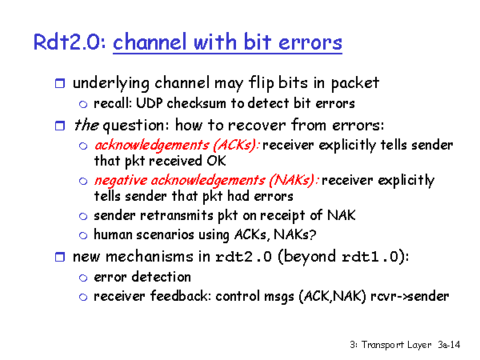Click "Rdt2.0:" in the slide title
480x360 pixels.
point(70,42)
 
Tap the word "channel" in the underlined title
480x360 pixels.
point(150,42)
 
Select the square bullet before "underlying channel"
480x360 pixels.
point(60,83)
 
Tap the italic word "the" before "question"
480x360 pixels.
point(86,125)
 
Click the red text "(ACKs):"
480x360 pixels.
point(236,145)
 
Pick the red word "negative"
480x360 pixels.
point(121,180)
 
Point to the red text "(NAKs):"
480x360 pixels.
point(294,180)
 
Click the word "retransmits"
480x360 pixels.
point(176,215)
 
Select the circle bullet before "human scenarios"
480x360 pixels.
point(83,235)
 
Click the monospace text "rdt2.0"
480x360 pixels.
point(243,257)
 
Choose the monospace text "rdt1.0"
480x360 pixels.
point(370,257)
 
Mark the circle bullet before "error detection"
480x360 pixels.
point(83,278)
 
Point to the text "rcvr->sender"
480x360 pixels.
point(410,296)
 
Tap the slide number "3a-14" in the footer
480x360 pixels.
point(449,345)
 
